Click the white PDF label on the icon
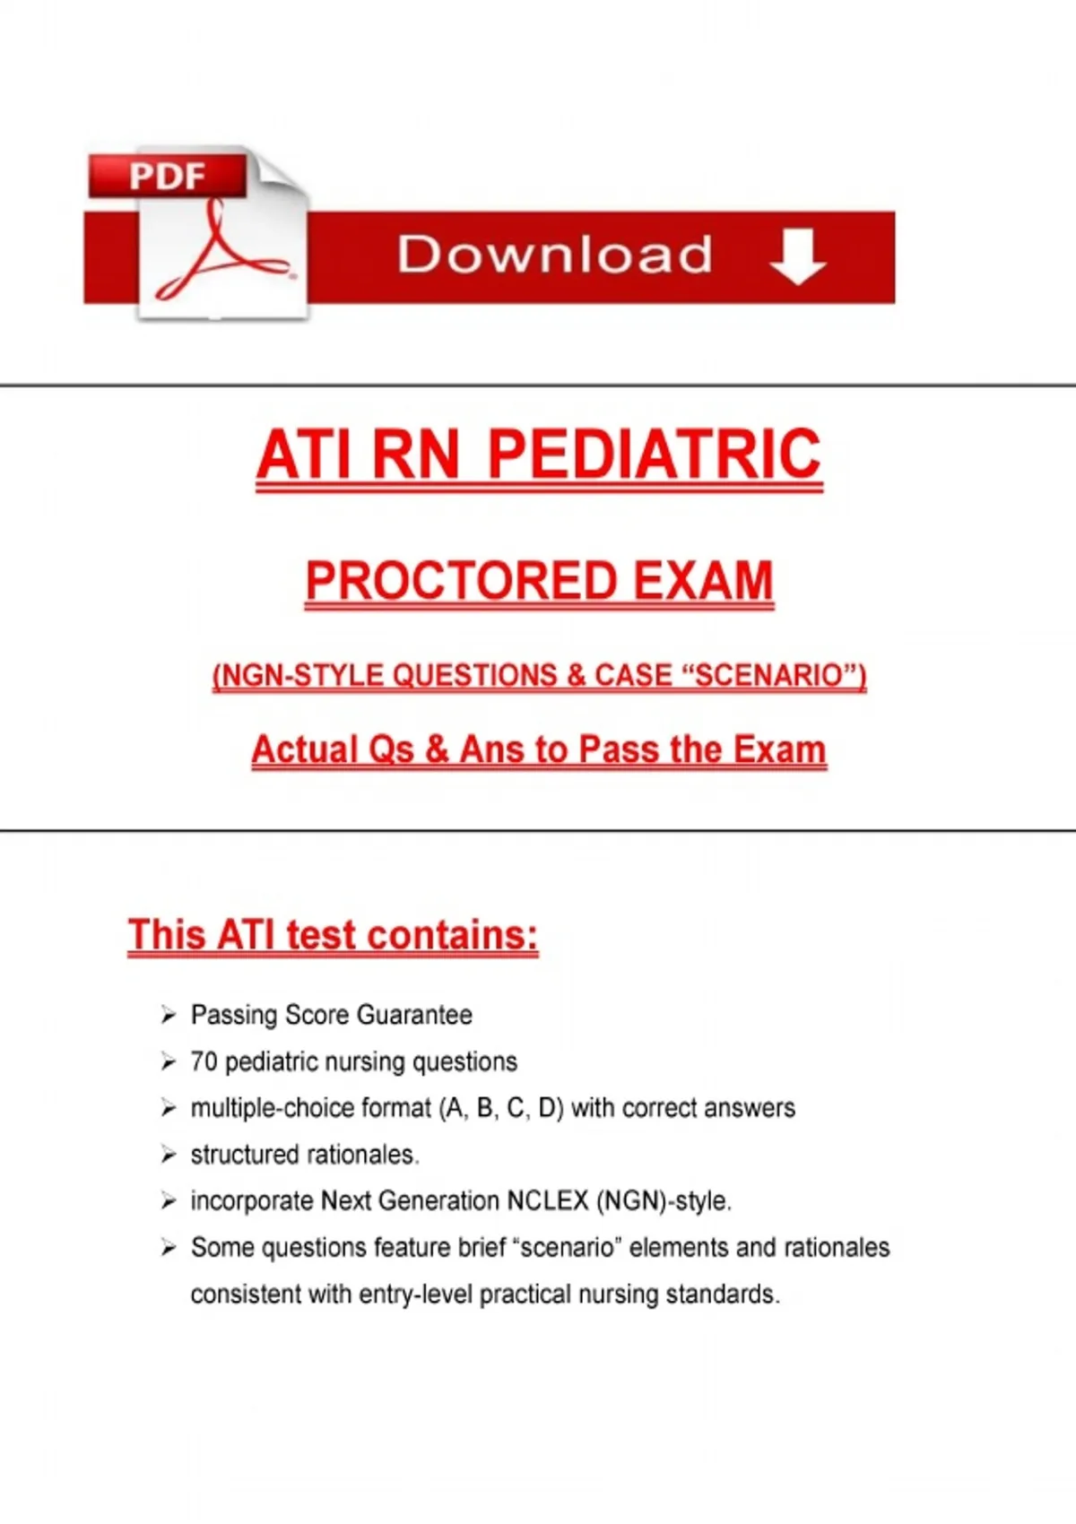[168, 176]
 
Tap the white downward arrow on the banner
[797, 255]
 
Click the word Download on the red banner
[555, 255]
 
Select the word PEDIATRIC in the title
[655, 454]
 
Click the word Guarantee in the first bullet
[414, 1015]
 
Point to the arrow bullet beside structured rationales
[168, 1155]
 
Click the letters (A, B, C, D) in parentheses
[501, 1108]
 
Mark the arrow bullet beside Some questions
[168, 1248]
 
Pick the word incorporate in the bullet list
[253, 1202]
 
